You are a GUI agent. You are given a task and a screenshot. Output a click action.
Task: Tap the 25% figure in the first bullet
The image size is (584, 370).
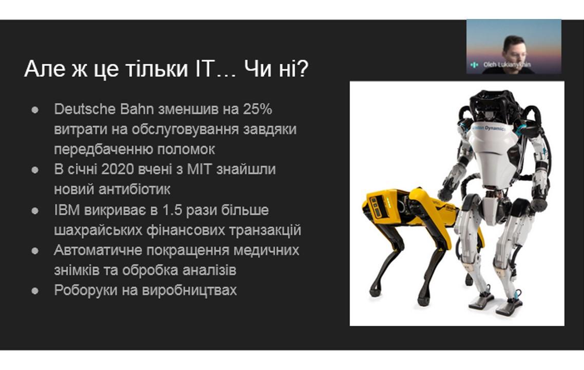point(258,109)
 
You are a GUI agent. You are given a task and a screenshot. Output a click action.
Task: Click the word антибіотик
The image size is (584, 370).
point(134,189)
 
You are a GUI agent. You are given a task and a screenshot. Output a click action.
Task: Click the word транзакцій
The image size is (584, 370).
point(265,230)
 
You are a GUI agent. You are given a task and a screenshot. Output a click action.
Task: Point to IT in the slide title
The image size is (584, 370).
point(203,69)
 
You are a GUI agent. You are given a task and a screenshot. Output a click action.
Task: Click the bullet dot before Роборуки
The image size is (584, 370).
point(35,291)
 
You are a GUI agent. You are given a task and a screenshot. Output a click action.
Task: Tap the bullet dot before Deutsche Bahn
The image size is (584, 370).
point(35,110)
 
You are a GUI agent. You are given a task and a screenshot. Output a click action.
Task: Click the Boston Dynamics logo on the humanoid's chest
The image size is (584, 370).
point(489,127)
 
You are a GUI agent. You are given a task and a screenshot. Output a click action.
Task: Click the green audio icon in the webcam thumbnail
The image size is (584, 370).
point(474,65)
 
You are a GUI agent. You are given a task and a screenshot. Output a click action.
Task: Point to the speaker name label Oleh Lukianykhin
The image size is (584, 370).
point(507,65)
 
